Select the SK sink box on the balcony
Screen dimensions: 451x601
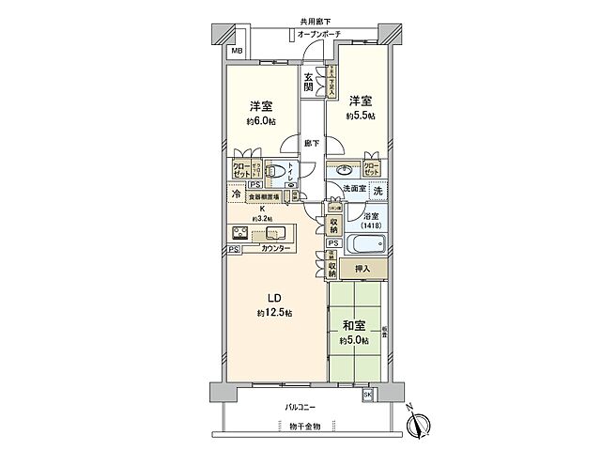pyautogui.click(x=367, y=395)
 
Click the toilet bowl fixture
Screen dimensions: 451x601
pyautogui.click(x=276, y=172)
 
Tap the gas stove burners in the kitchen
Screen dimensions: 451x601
pyautogui.click(x=239, y=234)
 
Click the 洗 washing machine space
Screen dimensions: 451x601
pyautogui.click(x=377, y=191)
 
